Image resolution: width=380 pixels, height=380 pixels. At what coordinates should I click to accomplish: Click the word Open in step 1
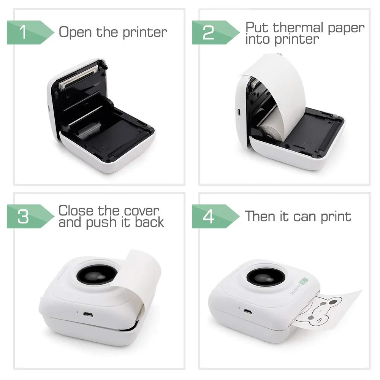[75, 32]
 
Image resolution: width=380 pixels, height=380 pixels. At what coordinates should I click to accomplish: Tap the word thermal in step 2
[299, 27]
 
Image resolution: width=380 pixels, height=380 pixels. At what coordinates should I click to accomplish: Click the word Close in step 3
[76, 211]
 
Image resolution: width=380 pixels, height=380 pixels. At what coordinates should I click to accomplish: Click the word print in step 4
[336, 217]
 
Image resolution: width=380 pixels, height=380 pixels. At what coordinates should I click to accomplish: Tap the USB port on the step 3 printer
[88, 315]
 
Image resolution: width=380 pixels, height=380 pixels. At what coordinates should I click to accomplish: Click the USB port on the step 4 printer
[248, 312]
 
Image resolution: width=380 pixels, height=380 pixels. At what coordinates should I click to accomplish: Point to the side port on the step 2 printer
[239, 112]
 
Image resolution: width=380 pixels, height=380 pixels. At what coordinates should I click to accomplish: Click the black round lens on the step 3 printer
[97, 275]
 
